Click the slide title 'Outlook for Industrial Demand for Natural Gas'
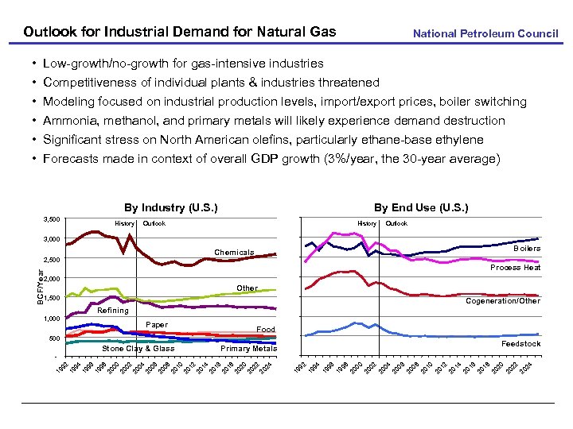click(180, 33)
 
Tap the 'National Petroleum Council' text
click(485, 33)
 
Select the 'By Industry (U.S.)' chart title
click(170, 208)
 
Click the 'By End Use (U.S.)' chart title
click(421, 208)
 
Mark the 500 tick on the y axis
click(53, 338)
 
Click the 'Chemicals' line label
click(234, 253)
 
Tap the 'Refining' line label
click(112, 311)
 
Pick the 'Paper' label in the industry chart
click(157, 324)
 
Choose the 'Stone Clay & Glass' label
click(138, 348)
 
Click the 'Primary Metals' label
click(248, 348)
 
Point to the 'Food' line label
click(266, 329)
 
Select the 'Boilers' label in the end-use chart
click(526, 249)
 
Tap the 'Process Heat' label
click(515, 268)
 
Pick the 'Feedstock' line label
click(520, 344)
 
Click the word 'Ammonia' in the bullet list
click(70, 121)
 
